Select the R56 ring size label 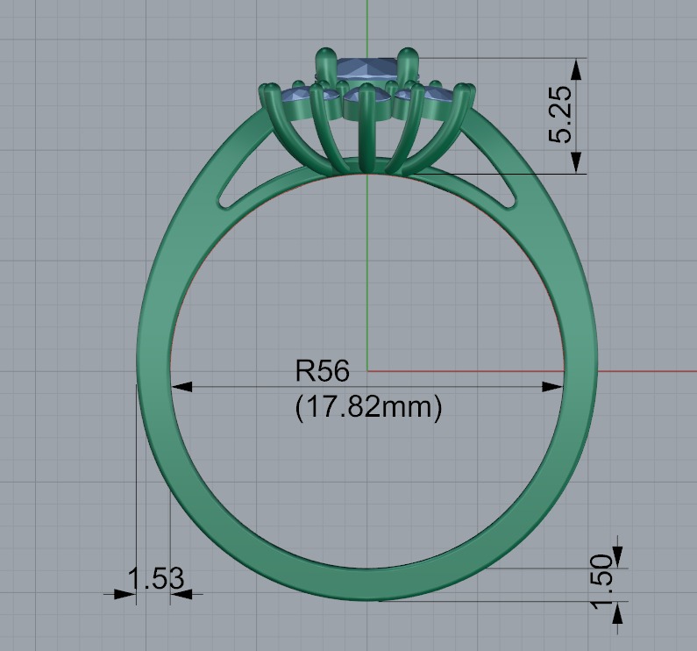tap(323, 371)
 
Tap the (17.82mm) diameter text tap(367, 406)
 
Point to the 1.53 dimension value tap(156, 578)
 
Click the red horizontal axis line tap(649, 371)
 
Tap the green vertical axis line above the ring tap(366, 22)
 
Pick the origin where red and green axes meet tap(366, 371)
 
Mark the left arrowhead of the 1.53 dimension tap(126, 594)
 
